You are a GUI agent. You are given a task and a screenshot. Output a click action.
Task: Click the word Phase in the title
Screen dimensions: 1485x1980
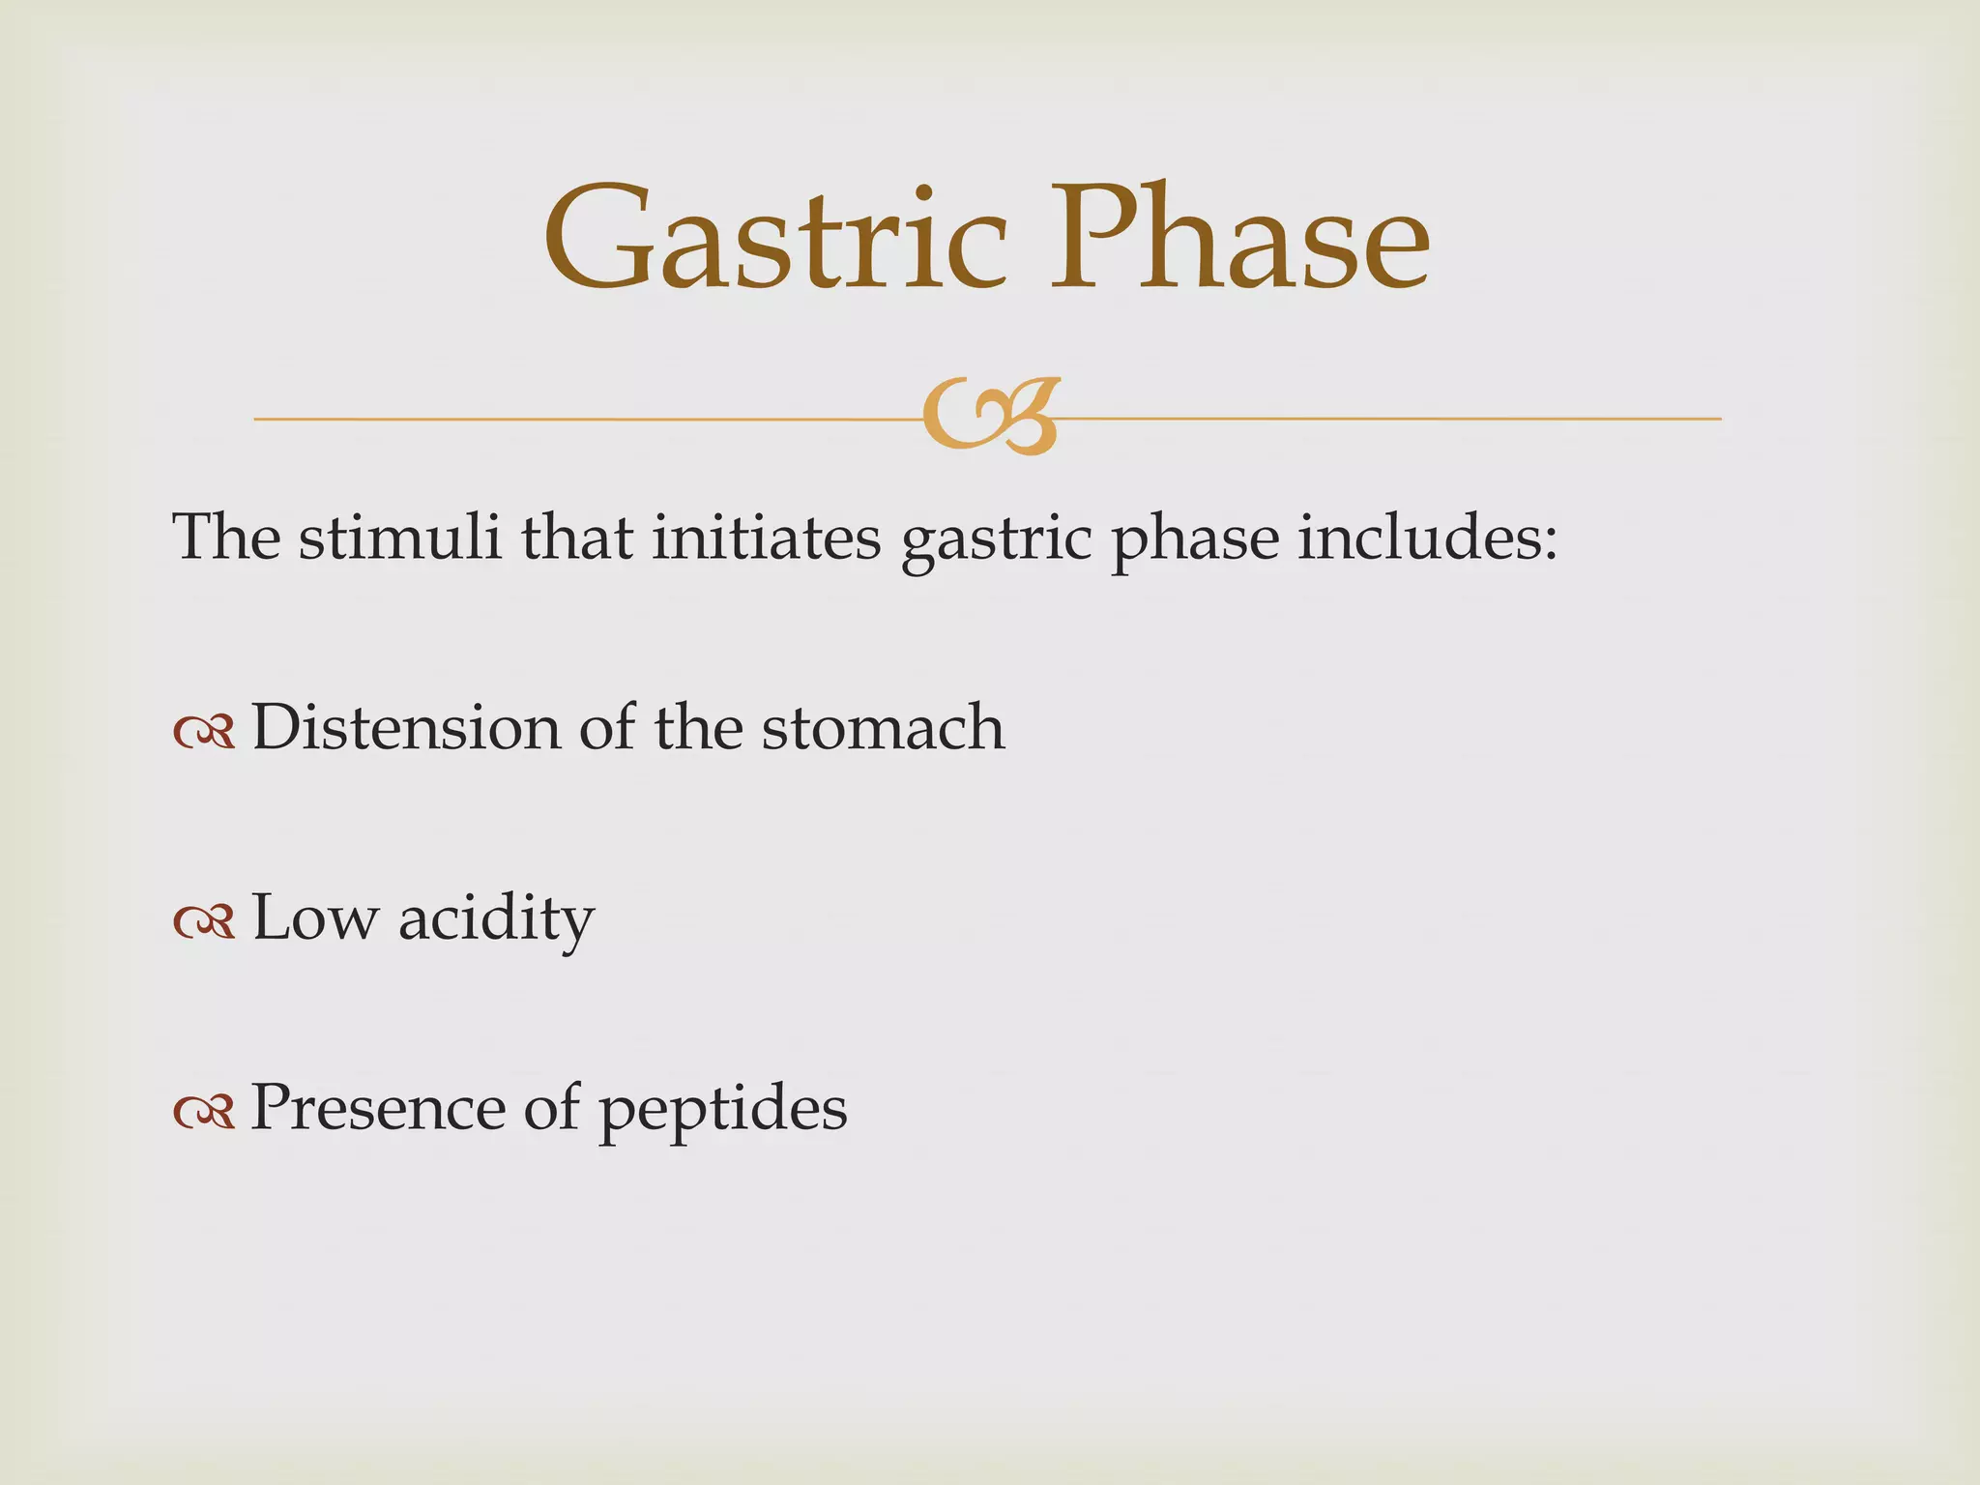[1239, 240]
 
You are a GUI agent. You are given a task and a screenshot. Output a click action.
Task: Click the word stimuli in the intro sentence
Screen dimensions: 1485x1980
[399, 538]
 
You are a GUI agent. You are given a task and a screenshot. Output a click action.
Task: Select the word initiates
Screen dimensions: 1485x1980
[766, 538]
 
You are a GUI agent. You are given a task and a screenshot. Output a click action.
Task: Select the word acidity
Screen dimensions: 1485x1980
[496, 919]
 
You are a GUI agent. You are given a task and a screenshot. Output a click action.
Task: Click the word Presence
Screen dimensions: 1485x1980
[377, 1107]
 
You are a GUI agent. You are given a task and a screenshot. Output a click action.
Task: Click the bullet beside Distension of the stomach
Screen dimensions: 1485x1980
[204, 733]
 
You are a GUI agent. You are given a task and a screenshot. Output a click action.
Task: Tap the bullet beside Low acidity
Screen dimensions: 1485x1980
[204, 923]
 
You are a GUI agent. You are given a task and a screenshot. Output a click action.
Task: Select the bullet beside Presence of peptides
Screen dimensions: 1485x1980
[204, 1113]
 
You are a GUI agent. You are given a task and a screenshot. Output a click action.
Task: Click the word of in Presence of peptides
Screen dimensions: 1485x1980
[550, 1107]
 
